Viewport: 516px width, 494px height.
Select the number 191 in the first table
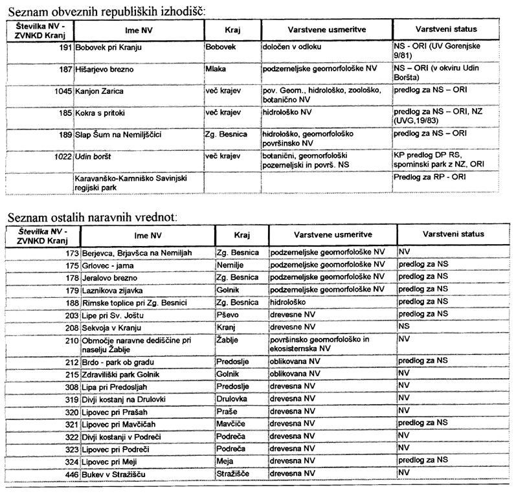[64, 49]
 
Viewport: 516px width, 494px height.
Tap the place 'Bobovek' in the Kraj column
[221, 49]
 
